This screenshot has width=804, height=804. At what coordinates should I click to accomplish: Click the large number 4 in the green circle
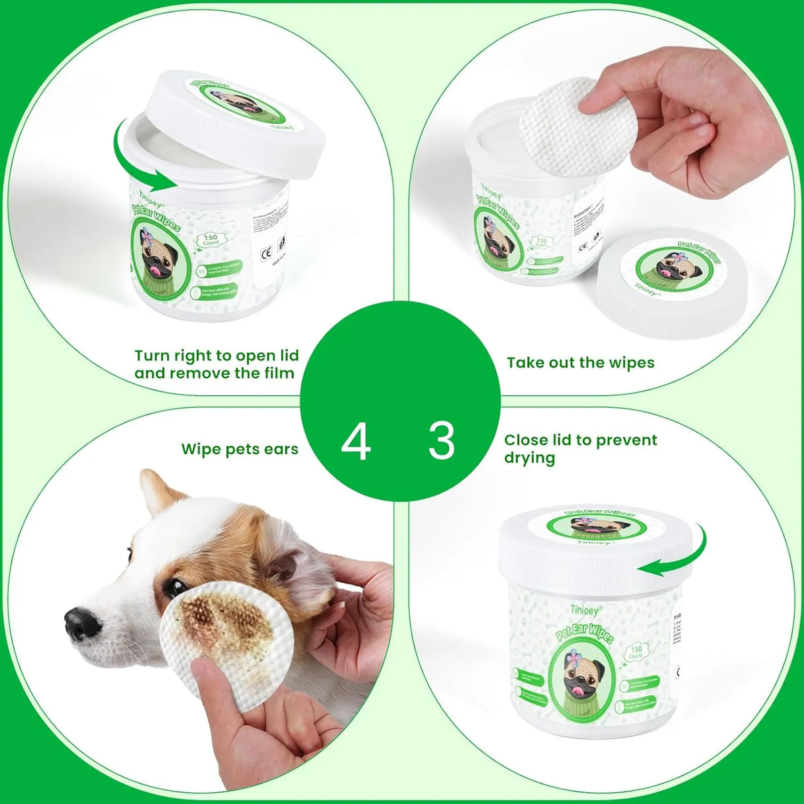tap(356, 442)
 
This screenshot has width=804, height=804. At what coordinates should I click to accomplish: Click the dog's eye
tap(175, 587)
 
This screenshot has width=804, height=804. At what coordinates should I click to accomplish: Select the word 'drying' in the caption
tap(530, 458)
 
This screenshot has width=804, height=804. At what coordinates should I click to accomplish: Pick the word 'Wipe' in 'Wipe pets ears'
tap(201, 449)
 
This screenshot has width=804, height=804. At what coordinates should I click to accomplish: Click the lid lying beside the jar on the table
tap(670, 281)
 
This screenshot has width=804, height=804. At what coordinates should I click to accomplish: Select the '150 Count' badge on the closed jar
tap(636, 652)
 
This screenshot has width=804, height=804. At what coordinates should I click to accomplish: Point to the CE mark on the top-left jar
tap(267, 252)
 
